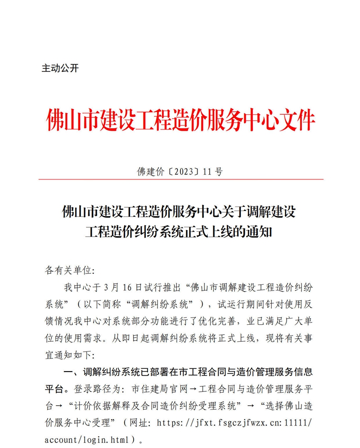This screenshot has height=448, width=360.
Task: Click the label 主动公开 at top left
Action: (x=60, y=68)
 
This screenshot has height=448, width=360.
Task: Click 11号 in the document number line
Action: (x=213, y=171)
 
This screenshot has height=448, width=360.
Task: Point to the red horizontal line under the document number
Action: (x=180, y=179)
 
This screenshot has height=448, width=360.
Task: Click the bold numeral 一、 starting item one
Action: (x=71, y=372)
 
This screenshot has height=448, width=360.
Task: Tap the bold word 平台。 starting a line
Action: (x=58, y=389)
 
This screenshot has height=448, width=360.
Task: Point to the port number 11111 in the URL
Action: (x=297, y=423)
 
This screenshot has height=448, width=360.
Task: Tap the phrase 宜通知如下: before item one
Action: (x=70, y=355)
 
